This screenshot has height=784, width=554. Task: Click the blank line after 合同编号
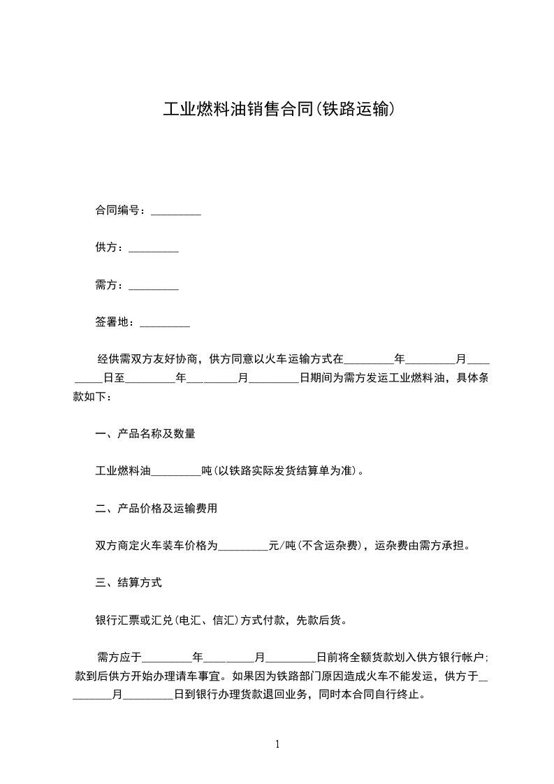[176, 211]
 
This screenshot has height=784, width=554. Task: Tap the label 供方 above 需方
[106, 248]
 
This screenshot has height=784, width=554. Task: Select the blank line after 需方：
[154, 286]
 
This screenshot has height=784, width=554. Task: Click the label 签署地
[112, 323]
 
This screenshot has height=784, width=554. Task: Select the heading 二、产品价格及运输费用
[156, 509]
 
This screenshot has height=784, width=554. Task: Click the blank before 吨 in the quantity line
[176, 472]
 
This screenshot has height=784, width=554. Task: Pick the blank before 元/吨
[244, 546]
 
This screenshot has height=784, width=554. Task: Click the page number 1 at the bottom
[277, 744]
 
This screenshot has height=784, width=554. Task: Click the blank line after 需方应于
[167, 658]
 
